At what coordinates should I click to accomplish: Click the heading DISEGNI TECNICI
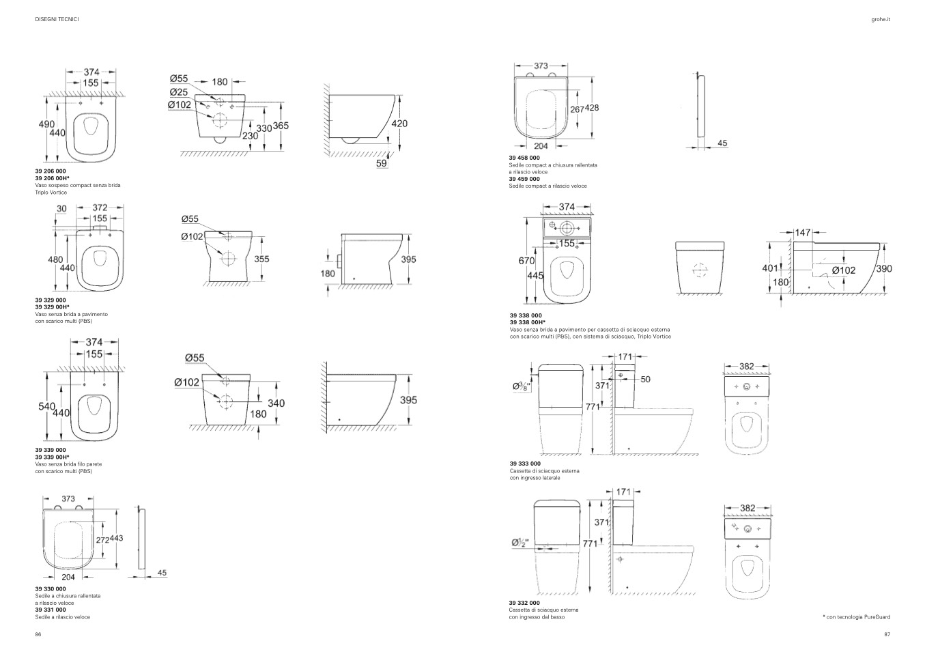(57, 19)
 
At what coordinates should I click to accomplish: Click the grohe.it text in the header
(881, 19)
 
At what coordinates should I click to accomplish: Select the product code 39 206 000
(51, 171)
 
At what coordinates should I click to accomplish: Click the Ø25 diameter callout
(179, 92)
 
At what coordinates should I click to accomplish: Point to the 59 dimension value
(382, 164)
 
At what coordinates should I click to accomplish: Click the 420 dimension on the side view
(399, 124)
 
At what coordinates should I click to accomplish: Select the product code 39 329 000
(51, 300)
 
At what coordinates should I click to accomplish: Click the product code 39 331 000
(51, 610)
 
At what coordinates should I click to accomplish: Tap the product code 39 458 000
(524, 158)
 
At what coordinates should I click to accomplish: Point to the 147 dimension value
(802, 233)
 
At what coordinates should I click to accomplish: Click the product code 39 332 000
(524, 603)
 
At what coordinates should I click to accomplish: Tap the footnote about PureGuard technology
(857, 617)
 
